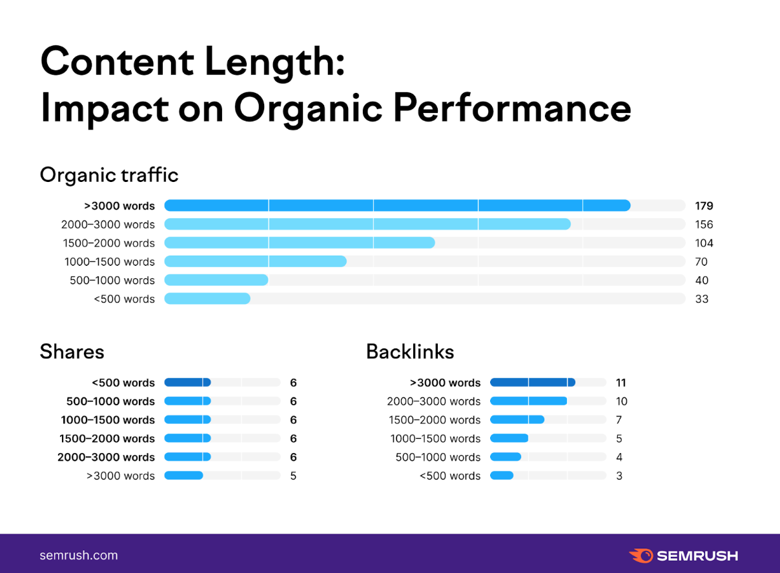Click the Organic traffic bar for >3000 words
point(397,206)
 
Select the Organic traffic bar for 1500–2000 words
point(300,243)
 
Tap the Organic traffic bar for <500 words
point(207,299)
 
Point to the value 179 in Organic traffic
point(704,206)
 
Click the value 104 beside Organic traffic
point(704,243)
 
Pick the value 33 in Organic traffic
point(702,299)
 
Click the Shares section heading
point(72,352)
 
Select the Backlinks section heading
point(410,352)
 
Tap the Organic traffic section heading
point(109,175)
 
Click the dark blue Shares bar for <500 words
point(187,383)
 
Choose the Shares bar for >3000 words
point(184,476)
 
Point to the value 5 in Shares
point(293,476)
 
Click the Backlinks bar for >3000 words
point(532,383)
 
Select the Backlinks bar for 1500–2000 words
point(517,420)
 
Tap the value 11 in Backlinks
point(621,383)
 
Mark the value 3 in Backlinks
point(619,476)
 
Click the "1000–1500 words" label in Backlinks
point(435,439)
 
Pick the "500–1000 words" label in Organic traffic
point(112,280)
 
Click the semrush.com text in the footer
point(79,555)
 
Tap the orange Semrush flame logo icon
point(641,556)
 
